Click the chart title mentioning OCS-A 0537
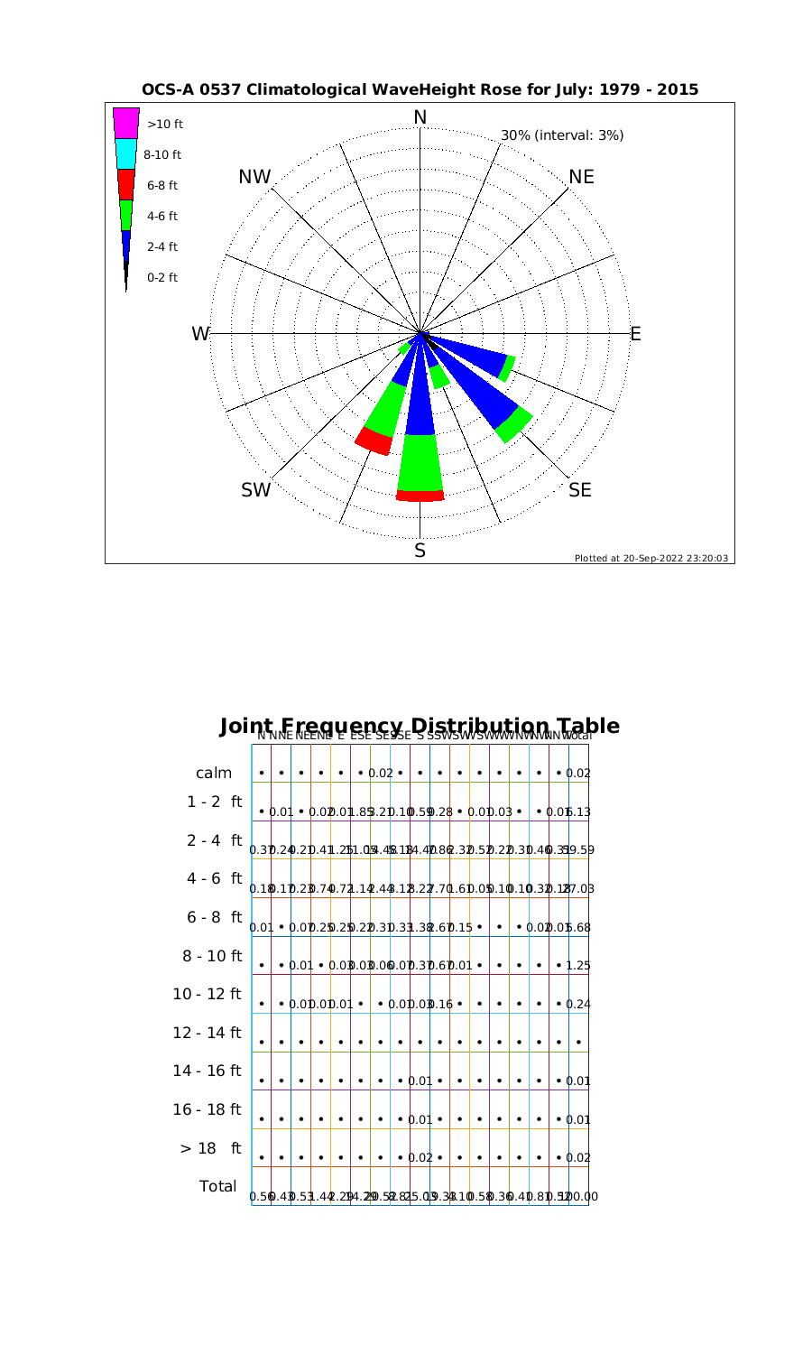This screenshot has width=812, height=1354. [x=420, y=90]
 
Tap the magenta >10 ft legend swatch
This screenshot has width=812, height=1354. [x=126, y=123]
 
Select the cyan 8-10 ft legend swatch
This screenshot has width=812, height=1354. [x=126, y=153]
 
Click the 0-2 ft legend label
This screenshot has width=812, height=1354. [x=162, y=277]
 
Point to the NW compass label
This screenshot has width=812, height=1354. [x=255, y=178]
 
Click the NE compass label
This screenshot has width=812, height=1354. [x=582, y=177]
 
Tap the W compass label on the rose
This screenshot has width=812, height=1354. [x=199, y=334]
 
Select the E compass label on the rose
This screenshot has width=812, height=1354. [x=635, y=334]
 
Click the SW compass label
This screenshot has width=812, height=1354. [x=256, y=490]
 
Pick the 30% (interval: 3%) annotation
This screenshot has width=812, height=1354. [x=562, y=135]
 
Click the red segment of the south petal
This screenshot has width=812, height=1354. [x=420, y=496]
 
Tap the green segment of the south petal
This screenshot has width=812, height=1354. [x=420, y=462]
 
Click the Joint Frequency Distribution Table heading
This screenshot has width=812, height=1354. [x=420, y=727]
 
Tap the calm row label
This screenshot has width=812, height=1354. [x=214, y=773]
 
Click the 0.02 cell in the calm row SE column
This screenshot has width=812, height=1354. [x=381, y=774]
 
